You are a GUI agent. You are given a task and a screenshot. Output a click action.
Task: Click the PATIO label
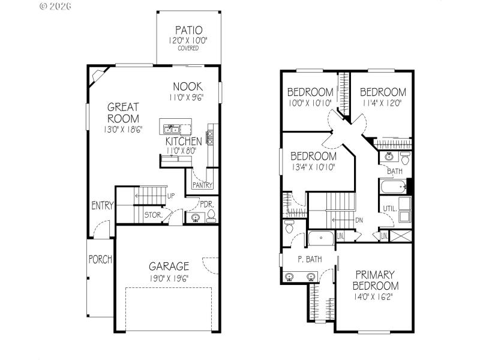click(x=188, y=30)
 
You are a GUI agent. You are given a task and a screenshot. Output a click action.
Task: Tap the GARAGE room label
click(x=169, y=266)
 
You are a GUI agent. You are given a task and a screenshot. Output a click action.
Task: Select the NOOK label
click(x=188, y=86)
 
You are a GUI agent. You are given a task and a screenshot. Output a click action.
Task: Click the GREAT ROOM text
click(x=124, y=112)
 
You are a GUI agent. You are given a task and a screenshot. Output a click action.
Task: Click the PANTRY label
click(x=203, y=185)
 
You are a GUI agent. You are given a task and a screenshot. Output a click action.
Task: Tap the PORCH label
click(x=100, y=260)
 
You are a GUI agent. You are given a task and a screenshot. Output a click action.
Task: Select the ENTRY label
click(x=103, y=205)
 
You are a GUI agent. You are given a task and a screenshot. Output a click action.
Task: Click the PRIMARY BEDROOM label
click(x=376, y=280)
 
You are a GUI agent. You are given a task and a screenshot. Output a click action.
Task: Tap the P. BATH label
click(x=310, y=259)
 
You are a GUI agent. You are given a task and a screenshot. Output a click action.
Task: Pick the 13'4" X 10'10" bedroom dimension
click(x=313, y=167)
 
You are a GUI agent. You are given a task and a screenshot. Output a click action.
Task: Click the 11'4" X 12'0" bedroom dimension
click(x=382, y=103)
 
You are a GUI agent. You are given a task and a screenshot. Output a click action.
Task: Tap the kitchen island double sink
click(x=172, y=128)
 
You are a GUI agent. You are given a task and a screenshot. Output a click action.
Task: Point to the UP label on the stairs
click(x=170, y=196)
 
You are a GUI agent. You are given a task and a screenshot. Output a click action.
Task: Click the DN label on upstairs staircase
click(x=359, y=220)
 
